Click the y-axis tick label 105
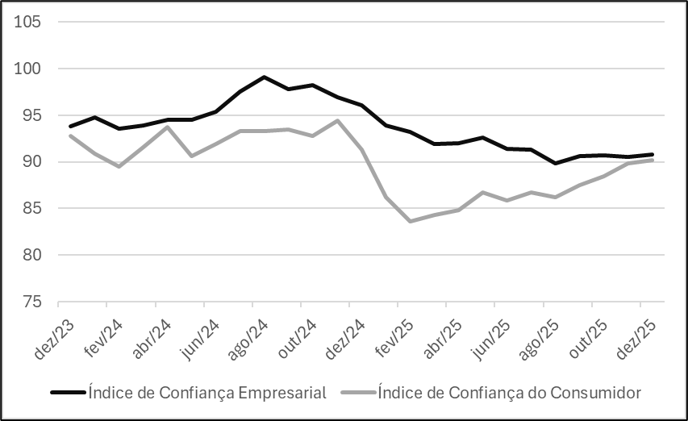tap(28, 22)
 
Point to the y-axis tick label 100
tap(28, 69)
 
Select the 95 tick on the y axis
tap(31, 115)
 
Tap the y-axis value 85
tap(31, 209)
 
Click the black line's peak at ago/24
tap(264, 77)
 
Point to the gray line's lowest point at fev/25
tap(410, 221)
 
